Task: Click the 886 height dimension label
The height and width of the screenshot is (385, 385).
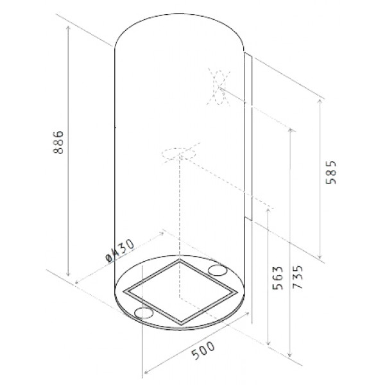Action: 58,142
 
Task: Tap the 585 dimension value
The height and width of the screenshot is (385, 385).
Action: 330,173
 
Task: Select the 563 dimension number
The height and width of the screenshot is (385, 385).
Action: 278,278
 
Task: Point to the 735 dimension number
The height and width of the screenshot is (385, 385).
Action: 298,277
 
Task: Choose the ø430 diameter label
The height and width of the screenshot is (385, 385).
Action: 120,251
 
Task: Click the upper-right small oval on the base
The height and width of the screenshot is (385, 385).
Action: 218,270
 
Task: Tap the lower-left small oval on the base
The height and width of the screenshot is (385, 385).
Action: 144,312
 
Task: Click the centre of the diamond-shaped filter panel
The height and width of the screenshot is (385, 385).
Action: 180,292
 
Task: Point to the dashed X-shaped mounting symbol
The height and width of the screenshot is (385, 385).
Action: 219,87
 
